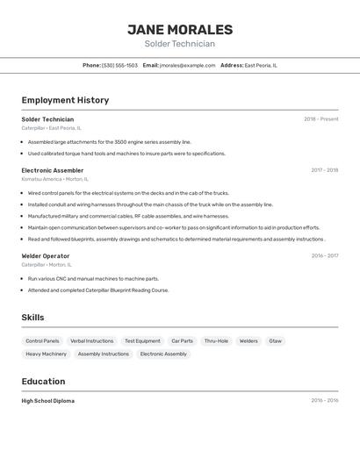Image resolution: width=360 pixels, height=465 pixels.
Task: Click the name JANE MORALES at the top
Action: [180, 29]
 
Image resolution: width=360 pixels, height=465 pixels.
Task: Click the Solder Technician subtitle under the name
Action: [180, 44]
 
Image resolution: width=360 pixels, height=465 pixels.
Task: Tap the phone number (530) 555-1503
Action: [119, 65]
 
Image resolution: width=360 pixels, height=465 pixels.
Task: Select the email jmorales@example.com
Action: [187, 65]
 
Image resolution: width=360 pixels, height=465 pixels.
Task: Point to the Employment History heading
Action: [65, 100]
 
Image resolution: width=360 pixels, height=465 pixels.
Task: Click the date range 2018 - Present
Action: [320, 119]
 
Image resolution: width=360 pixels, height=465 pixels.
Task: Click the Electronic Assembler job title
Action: [53, 170]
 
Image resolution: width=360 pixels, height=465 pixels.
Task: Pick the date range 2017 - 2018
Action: [324, 170]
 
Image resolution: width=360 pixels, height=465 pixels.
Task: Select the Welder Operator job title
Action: [46, 256]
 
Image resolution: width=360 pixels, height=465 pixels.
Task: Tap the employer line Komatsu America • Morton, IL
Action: [54, 179]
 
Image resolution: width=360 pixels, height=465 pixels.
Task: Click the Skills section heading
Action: [32, 318]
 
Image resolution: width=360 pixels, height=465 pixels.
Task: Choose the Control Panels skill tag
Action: [42, 340]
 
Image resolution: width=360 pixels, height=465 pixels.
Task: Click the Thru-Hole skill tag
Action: [216, 340]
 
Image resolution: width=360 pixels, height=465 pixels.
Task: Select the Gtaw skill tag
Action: [275, 340]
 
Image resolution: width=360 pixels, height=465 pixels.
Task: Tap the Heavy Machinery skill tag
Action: [46, 354]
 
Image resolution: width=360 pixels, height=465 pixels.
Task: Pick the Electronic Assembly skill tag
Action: [163, 354]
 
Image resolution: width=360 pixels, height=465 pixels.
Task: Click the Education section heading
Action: [43, 382]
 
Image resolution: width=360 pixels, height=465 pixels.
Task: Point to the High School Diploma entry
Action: [48, 401]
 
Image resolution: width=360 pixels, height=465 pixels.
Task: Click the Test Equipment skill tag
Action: [142, 340]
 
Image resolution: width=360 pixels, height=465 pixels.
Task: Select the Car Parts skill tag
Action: [182, 340]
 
